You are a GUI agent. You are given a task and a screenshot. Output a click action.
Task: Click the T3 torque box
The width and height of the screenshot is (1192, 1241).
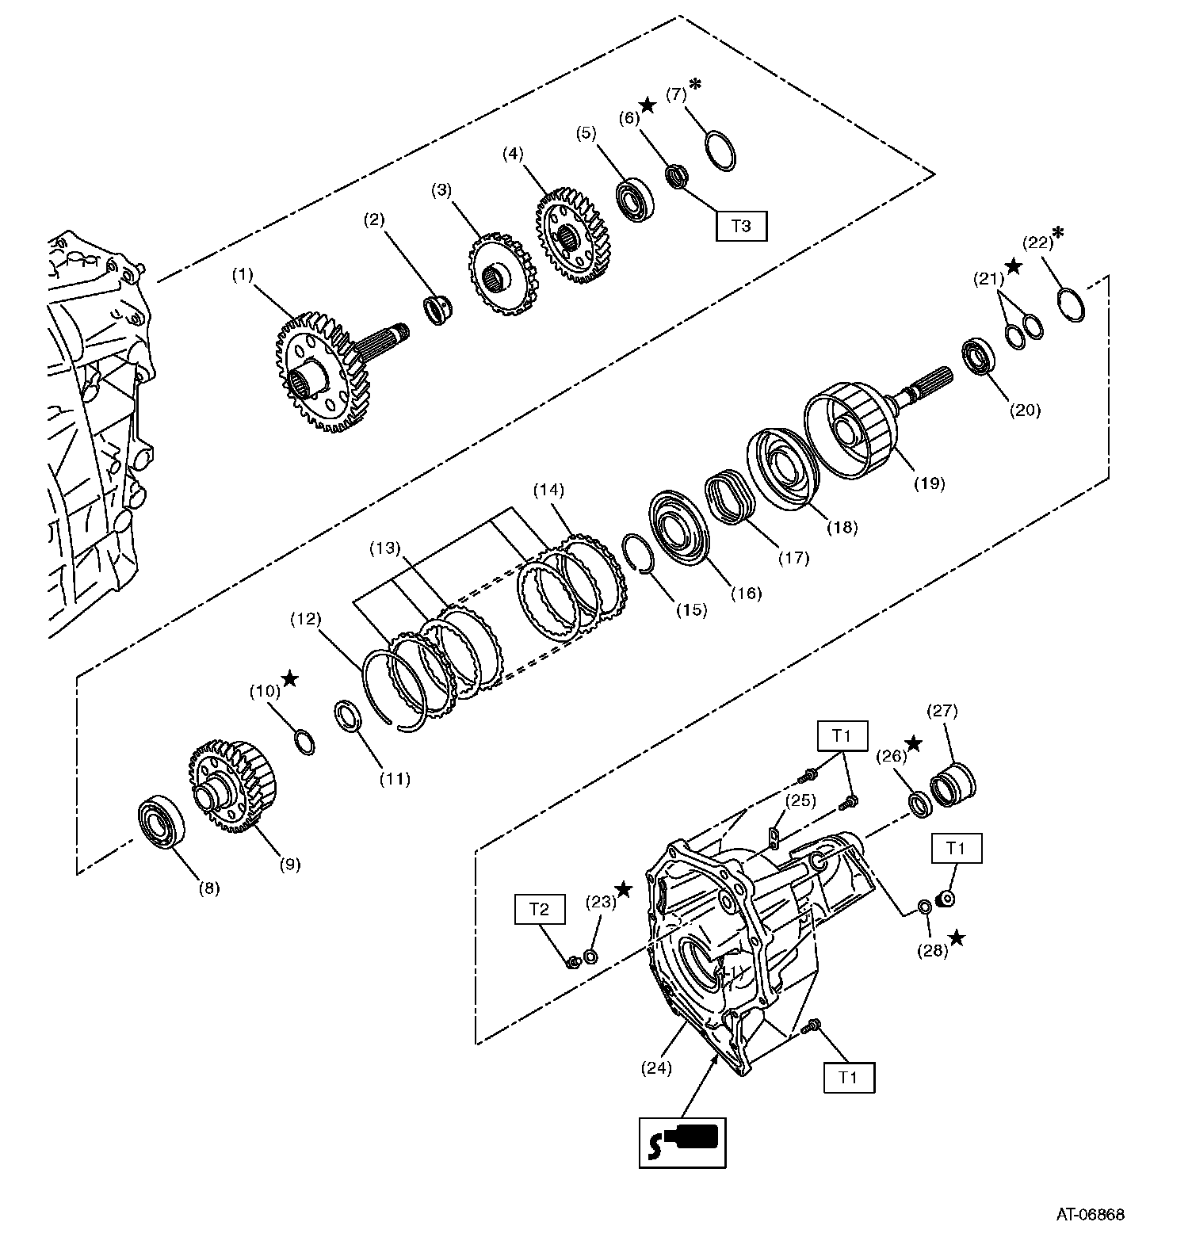(740, 226)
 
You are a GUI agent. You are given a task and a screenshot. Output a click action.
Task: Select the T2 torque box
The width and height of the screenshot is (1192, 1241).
(539, 909)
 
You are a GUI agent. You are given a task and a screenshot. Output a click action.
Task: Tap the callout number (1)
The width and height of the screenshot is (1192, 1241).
(242, 274)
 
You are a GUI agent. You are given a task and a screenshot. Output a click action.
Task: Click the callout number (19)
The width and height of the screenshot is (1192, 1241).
(929, 483)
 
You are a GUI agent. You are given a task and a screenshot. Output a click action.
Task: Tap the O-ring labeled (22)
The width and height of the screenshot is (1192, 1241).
(1072, 305)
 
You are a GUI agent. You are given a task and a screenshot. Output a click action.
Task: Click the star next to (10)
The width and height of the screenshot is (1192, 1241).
(290, 678)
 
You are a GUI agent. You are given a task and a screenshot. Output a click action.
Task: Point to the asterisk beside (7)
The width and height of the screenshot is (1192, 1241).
(696, 84)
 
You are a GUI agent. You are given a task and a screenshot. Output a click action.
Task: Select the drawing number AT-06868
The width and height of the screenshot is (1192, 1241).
(1090, 1213)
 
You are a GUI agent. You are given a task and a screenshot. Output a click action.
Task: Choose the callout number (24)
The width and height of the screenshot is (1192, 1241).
(656, 1067)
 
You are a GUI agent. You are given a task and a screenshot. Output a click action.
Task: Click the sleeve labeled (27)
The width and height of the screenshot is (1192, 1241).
(953, 785)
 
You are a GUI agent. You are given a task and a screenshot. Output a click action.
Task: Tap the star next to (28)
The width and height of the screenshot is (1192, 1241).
(957, 938)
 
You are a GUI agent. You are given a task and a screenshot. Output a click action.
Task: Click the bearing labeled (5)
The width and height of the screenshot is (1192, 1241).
(636, 200)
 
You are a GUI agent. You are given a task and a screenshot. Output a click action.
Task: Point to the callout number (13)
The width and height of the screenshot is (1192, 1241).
(384, 548)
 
